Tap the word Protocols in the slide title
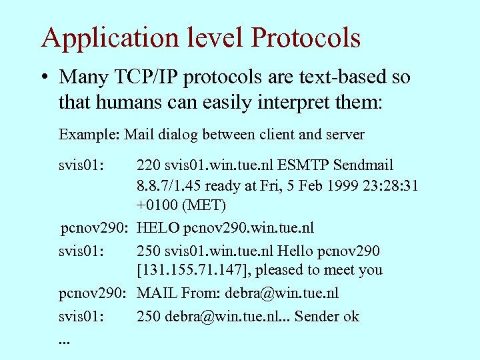pos(306,38)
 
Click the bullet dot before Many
pos(44,77)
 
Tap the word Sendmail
pos(365,165)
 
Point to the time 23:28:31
pos(394,186)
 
